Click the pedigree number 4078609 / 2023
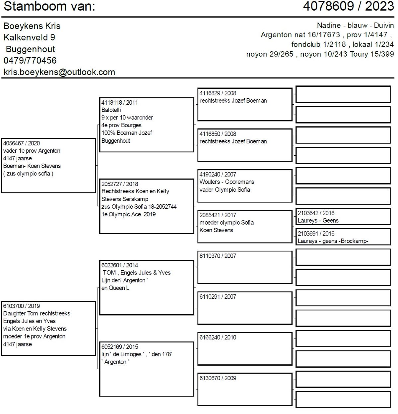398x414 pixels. [348, 6]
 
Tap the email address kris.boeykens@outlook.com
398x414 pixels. [59, 72]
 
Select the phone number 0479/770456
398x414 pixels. [30, 61]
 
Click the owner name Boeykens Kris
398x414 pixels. [32, 26]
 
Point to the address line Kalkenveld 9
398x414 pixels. [29, 37]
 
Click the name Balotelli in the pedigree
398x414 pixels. [111, 110]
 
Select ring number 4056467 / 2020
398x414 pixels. [22, 143]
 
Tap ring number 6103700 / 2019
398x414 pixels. [22, 306]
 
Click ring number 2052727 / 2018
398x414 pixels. [120, 184]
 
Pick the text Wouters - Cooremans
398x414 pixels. [227, 182]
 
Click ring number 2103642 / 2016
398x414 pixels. [316, 213]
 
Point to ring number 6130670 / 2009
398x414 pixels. [218, 378]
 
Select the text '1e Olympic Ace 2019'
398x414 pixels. [129, 214]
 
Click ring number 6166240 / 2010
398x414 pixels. [218, 337]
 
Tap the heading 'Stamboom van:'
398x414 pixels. [49, 6]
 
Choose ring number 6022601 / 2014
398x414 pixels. [120, 265]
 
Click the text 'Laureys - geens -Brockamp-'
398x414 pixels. [333, 241]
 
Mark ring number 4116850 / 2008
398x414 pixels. [218, 134]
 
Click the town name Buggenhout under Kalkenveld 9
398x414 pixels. [31, 49]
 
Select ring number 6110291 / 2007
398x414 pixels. [218, 297]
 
